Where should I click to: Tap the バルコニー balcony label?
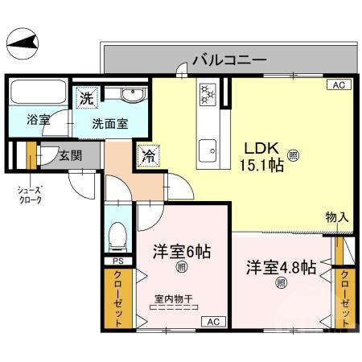click(x=228, y=60)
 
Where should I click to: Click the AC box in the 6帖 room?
click(x=213, y=322)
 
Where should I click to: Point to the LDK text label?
click(x=261, y=147)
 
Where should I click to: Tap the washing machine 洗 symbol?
click(x=86, y=98)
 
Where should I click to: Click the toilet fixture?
click(x=117, y=236)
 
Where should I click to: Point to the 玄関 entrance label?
click(x=69, y=155)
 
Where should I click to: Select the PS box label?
click(x=117, y=261)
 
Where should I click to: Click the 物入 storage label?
click(x=336, y=217)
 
